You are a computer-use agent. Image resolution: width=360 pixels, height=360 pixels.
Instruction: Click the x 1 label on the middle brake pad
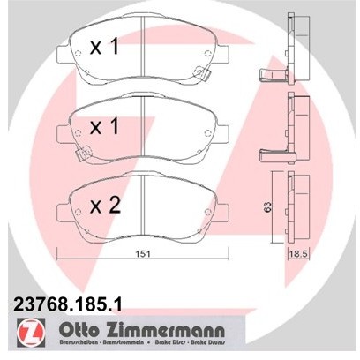coord(103,127)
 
